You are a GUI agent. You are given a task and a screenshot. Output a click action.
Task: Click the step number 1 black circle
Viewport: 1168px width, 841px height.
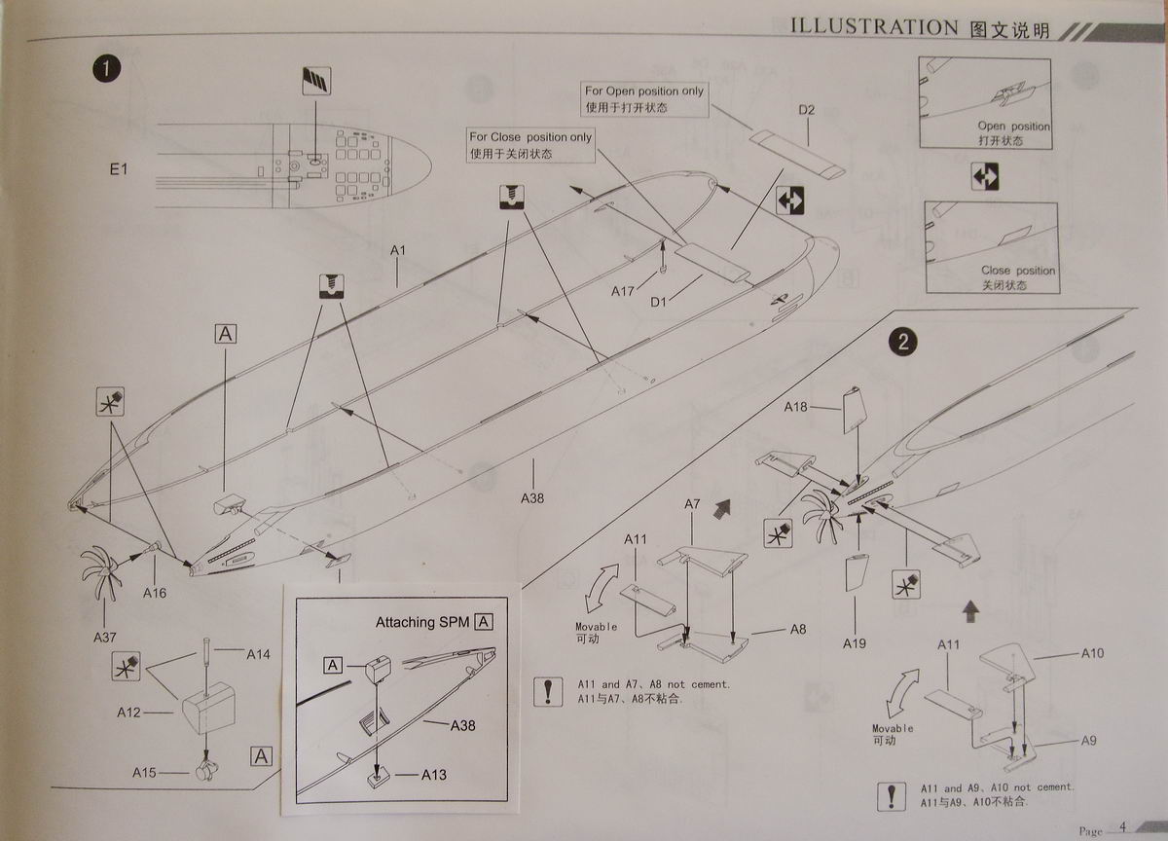106,69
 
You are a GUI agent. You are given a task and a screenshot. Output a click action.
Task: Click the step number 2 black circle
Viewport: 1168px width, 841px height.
902,342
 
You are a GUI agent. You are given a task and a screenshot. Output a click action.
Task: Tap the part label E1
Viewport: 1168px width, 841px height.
119,169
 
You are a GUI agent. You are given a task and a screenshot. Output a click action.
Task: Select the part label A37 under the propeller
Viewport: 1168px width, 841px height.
105,638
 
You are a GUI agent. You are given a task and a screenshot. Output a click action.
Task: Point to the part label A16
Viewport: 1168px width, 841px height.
155,593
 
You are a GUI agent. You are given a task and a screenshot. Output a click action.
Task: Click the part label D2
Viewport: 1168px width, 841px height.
806,110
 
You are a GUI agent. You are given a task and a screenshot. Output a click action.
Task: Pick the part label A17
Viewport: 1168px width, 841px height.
623,291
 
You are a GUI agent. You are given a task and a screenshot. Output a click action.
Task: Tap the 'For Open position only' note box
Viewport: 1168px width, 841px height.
644,99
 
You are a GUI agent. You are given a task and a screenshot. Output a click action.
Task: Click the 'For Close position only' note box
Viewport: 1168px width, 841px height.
530,145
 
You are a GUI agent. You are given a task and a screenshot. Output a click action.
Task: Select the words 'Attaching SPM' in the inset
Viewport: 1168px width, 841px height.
422,622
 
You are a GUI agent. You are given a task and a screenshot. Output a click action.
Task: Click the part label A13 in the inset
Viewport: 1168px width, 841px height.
434,775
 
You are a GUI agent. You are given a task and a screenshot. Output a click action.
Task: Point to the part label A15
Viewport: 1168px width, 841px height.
144,772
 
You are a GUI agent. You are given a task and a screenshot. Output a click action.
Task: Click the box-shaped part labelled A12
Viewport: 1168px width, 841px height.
208,708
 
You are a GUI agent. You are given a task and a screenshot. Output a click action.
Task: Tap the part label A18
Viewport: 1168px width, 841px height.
796,407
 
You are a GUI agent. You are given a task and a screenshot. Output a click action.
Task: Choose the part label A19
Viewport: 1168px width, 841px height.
855,643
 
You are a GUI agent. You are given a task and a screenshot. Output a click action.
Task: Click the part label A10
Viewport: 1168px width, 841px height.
1092,653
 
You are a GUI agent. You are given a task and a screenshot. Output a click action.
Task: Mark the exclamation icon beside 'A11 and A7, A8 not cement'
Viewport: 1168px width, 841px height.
548,692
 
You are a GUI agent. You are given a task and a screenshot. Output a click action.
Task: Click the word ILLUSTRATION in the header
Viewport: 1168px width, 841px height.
874,27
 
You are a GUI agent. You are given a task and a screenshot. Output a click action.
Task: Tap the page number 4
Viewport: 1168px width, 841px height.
1122,827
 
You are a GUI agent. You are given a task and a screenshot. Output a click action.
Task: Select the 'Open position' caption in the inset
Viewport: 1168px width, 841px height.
1013,127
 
